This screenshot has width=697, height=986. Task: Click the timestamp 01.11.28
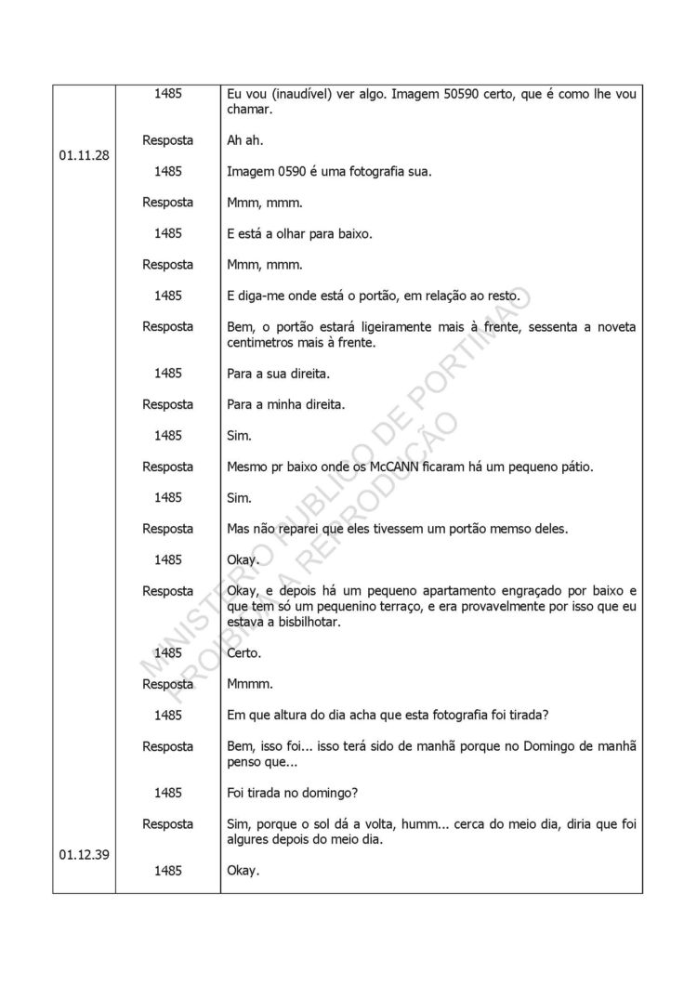[x=84, y=156]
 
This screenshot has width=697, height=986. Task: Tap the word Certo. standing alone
[x=244, y=653]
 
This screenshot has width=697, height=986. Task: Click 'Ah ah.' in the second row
[x=246, y=140]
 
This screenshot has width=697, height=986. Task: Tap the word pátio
[x=572, y=467]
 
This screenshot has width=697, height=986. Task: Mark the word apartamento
[x=436, y=591]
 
